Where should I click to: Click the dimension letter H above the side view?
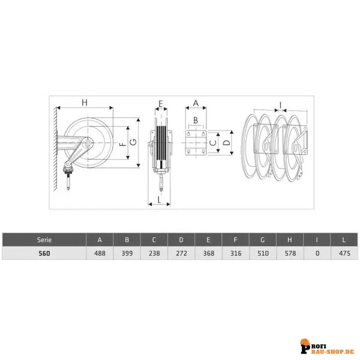coord(85,103)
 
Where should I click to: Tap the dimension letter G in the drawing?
coord(133,142)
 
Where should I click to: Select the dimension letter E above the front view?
coord(161,104)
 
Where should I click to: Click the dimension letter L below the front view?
coord(160,200)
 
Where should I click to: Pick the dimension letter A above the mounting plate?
coord(196,103)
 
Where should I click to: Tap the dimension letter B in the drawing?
coord(196,120)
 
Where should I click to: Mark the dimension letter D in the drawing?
coord(226,143)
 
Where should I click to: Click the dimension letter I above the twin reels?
coord(280,105)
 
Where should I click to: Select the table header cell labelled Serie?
coord(44,240)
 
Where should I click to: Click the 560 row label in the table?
coord(44,253)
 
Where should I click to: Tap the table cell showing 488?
coord(100,253)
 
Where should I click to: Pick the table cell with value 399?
coord(127,253)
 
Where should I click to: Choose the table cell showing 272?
coord(181,253)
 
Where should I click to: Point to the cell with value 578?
coord(290,253)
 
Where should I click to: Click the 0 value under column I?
coord(317,253)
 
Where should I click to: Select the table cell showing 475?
coord(344,253)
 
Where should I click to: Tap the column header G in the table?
coord(263,240)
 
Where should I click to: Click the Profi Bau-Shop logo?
coord(328,346)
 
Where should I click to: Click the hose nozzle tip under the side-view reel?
coord(68,189)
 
